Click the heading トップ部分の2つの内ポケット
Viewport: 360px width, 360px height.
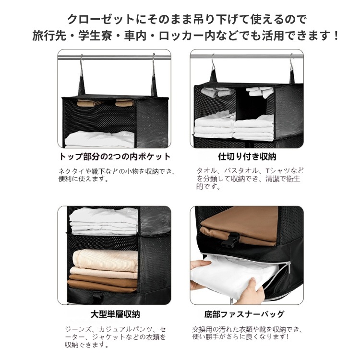(115, 156)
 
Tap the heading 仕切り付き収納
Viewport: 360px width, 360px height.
(247, 156)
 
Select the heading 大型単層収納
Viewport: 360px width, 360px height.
(115, 314)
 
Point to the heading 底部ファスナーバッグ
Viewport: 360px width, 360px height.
(244, 314)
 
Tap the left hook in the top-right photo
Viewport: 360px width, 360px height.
(213, 63)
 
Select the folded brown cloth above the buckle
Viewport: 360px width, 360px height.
(239, 224)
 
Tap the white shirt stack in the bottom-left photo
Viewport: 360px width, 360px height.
(104, 221)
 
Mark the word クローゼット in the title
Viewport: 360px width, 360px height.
(101, 19)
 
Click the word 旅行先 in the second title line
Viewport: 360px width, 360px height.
(49, 36)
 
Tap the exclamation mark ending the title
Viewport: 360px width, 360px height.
(336, 36)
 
